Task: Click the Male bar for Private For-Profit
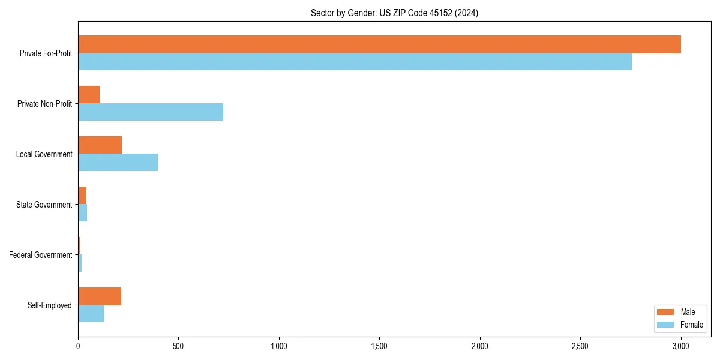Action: (x=379, y=44)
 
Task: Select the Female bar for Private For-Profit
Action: (x=355, y=61)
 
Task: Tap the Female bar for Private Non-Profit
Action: (x=151, y=112)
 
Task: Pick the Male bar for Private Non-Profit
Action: (x=89, y=95)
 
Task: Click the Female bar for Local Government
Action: (x=118, y=162)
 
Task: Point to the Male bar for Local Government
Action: (x=100, y=145)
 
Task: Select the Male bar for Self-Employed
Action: (x=100, y=296)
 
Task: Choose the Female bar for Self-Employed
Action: (x=91, y=313)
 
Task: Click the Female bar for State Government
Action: (x=83, y=212)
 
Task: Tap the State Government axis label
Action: (x=44, y=205)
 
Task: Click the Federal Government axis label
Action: (x=40, y=255)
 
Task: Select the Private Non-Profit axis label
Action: (x=44, y=104)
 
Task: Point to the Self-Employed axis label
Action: (x=49, y=305)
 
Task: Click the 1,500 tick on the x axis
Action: (x=379, y=346)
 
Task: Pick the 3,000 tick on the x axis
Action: (x=680, y=346)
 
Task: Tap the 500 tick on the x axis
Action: (x=178, y=346)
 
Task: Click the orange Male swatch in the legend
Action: (x=665, y=312)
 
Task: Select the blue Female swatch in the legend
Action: (x=665, y=325)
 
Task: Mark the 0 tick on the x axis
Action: (x=78, y=346)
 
